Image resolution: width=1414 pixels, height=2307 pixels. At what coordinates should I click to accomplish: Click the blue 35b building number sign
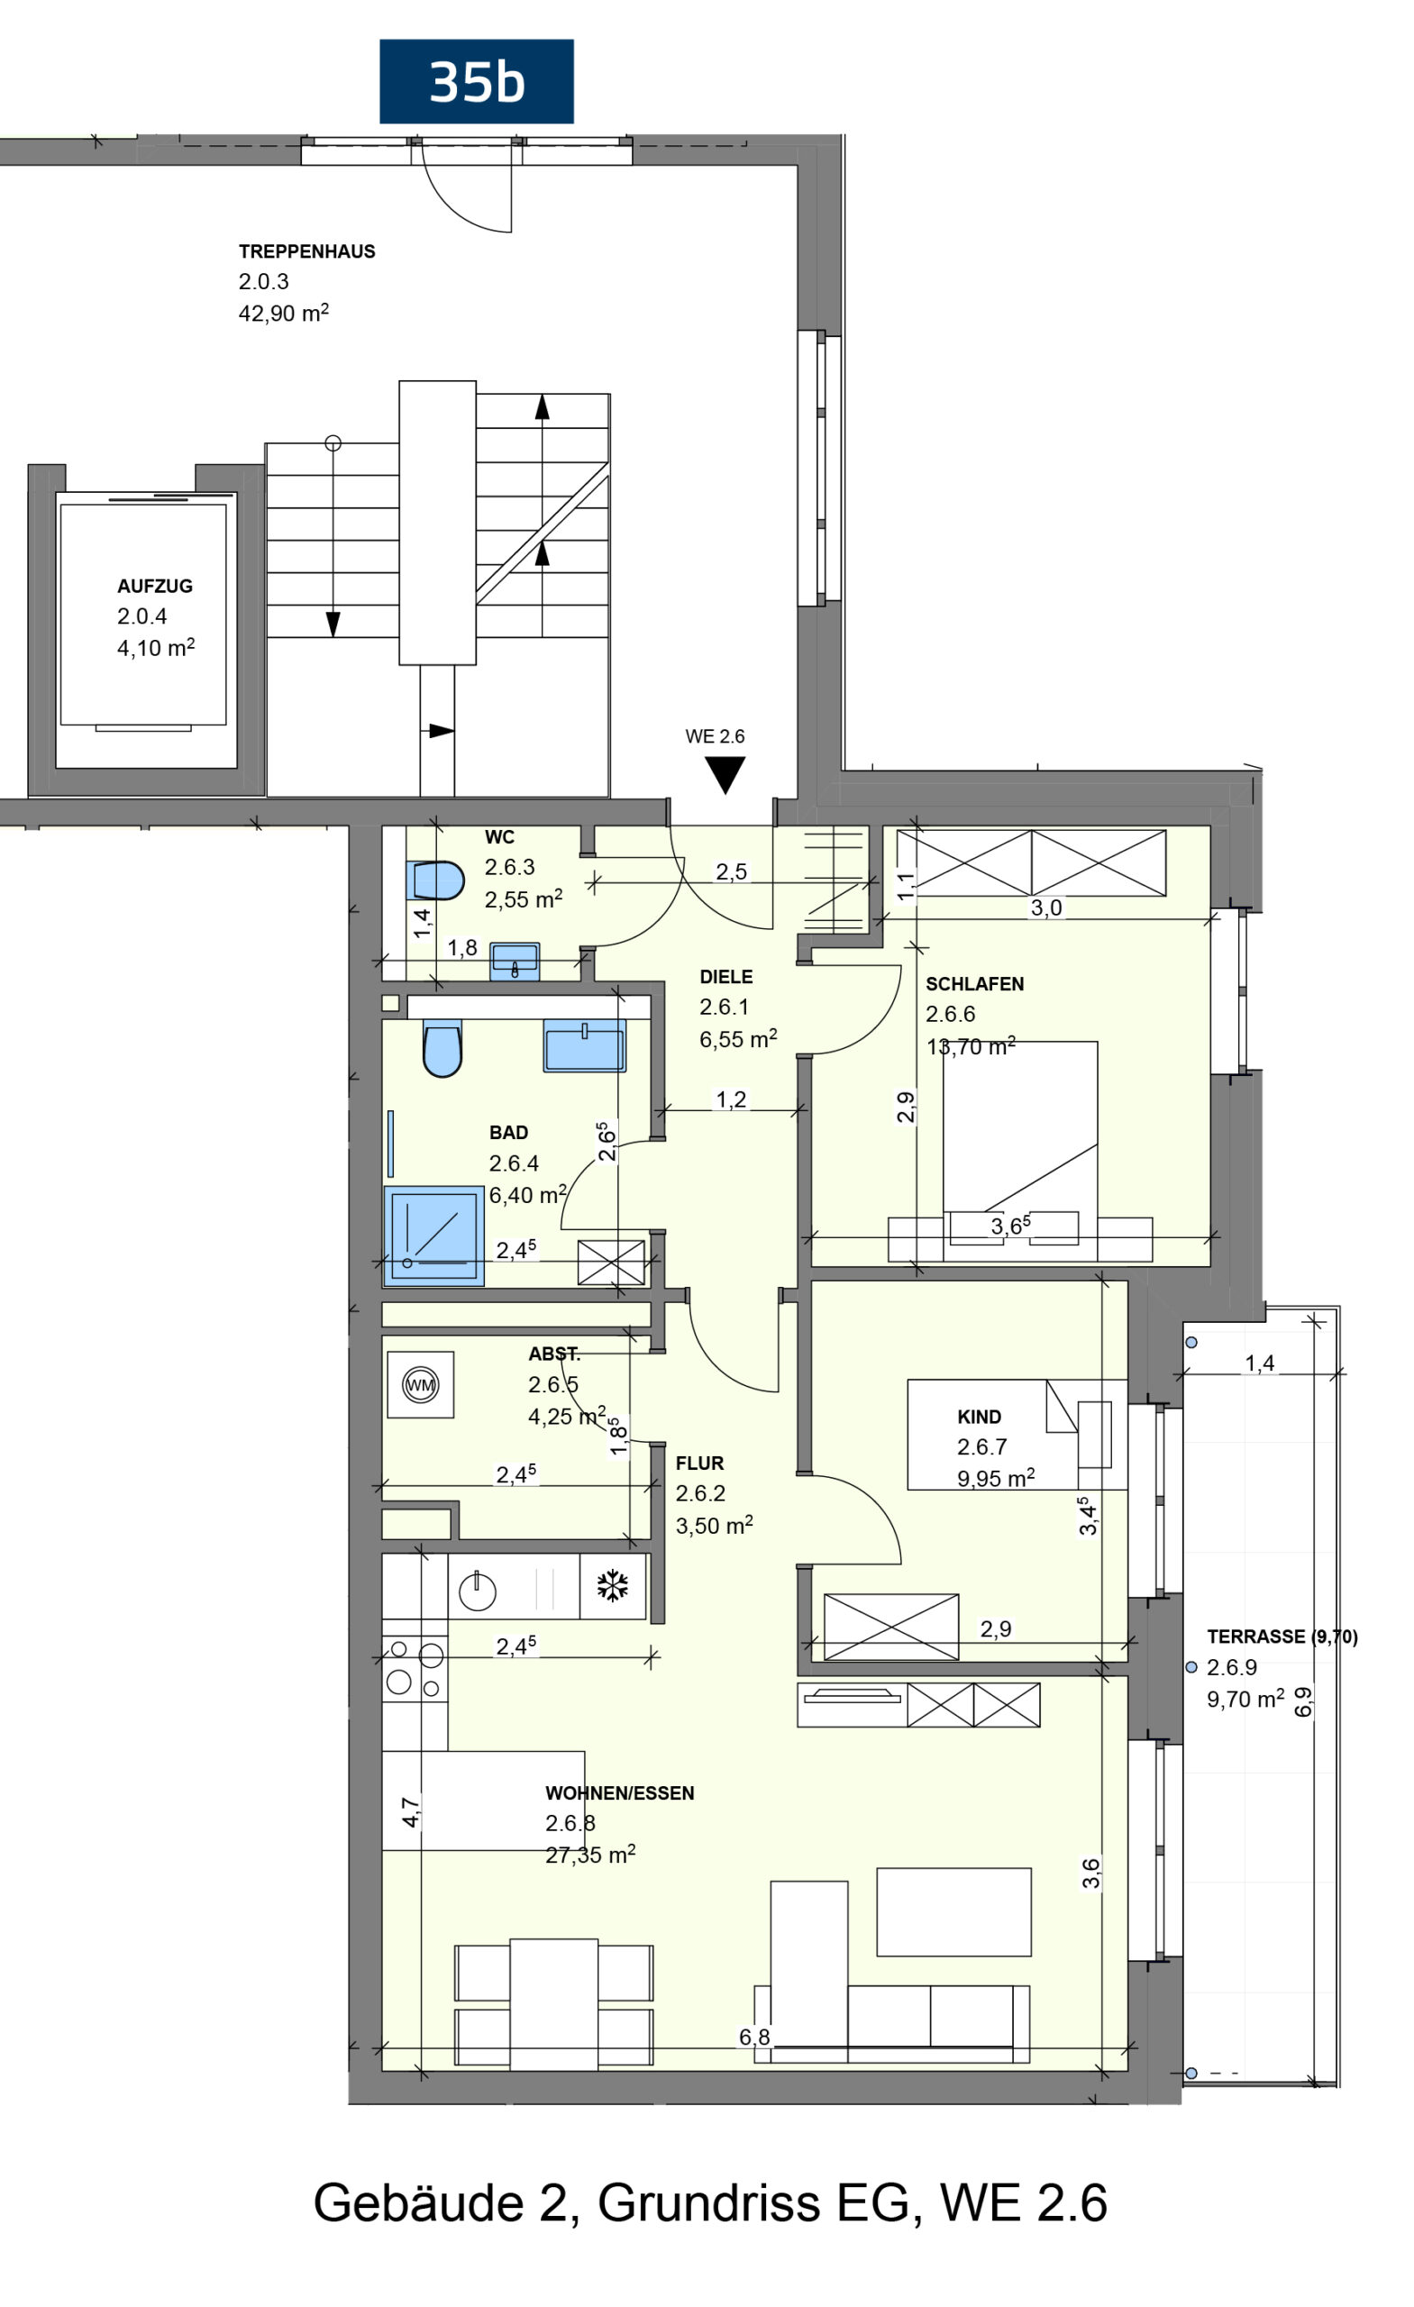tap(476, 81)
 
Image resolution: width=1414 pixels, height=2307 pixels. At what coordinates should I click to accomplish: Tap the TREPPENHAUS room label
tap(306, 251)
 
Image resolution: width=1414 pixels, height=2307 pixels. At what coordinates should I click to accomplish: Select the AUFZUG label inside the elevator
tap(154, 586)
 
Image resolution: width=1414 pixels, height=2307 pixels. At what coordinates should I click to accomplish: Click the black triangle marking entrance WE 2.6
tap(725, 775)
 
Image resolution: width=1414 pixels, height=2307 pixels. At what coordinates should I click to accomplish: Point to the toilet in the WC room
tap(439, 881)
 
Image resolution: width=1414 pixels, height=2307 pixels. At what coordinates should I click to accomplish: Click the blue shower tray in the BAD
tap(433, 1236)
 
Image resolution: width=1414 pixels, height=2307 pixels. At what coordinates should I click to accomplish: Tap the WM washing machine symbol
tap(421, 1385)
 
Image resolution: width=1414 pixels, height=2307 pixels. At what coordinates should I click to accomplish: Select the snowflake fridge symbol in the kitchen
tap(613, 1586)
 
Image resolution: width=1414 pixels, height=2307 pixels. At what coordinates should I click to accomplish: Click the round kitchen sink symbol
tap(477, 1591)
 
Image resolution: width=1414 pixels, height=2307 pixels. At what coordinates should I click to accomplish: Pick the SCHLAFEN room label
tap(974, 984)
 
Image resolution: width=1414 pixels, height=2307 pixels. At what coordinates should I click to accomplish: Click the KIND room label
tap(979, 1418)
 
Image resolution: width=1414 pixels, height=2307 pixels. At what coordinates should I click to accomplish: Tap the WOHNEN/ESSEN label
tap(619, 1793)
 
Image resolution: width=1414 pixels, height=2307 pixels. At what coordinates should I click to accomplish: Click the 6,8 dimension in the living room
tap(753, 2038)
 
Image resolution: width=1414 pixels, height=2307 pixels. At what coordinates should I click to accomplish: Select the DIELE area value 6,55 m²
tap(738, 1038)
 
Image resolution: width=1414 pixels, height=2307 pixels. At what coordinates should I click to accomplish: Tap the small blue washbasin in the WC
tap(514, 961)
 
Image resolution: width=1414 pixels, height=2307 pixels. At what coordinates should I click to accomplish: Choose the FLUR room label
tap(699, 1464)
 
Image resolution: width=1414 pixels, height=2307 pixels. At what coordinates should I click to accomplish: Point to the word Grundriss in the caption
tap(710, 2202)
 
